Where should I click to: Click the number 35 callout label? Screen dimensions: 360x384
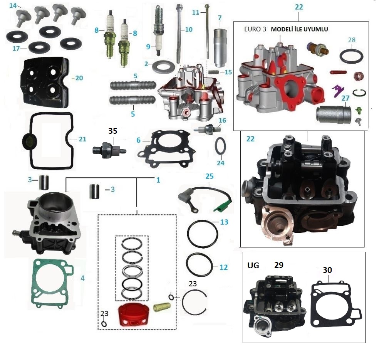[112, 131]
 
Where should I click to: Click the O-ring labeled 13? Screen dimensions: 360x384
[203, 236]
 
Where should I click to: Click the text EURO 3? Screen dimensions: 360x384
[256, 30]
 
